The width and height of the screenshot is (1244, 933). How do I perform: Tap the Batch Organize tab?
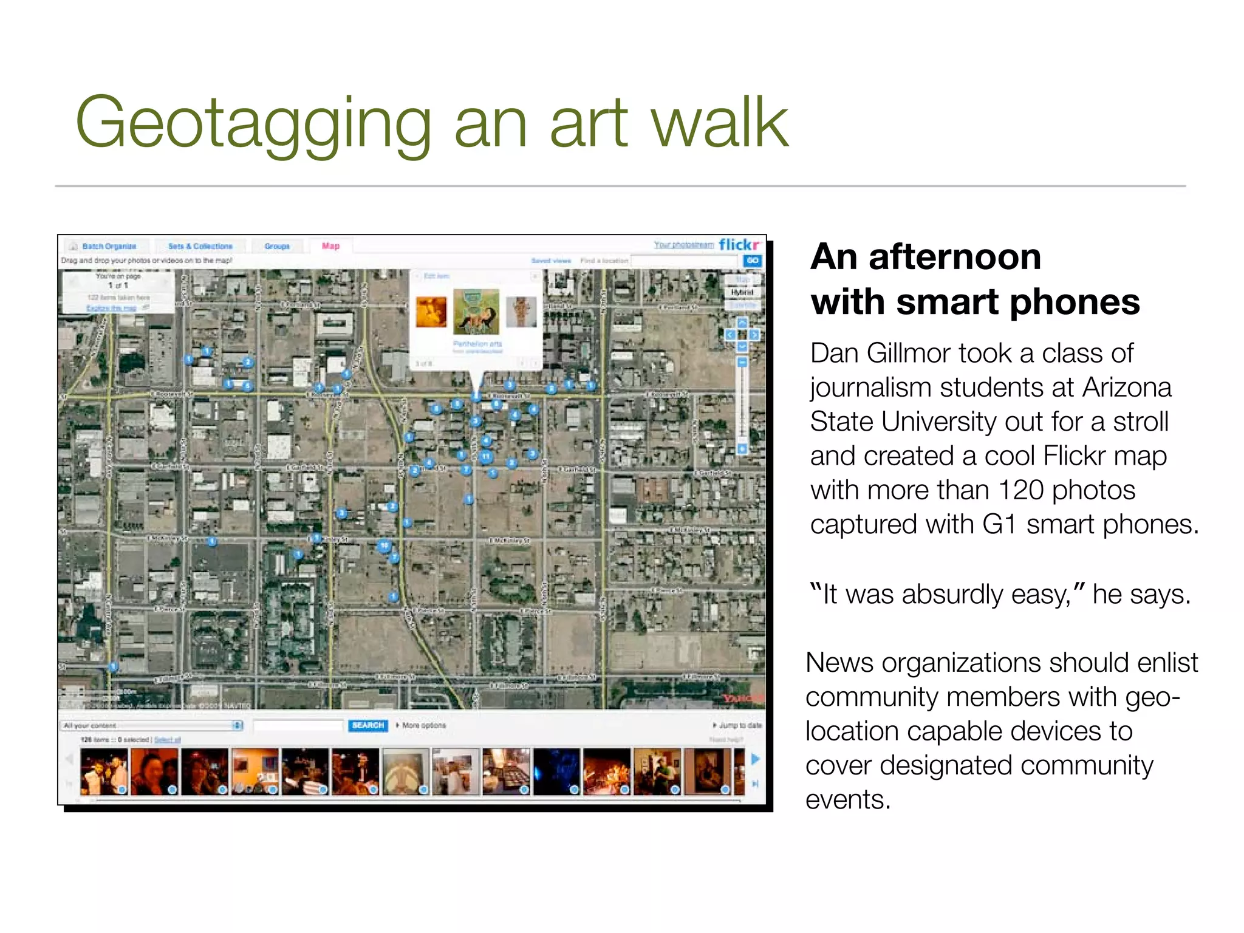tap(108, 246)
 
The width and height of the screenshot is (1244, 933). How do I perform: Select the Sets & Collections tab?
tap(200, 246)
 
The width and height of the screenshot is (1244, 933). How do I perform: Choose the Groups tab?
tap(277, 246)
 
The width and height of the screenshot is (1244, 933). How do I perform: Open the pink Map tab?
tap(330, 246)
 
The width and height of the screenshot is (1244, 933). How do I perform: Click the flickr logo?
tap(739, 244)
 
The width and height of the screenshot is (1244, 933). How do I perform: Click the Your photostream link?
tap(683, 244)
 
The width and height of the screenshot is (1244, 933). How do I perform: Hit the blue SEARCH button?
tap(367, 725)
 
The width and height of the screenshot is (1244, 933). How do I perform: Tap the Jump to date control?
tap(738, 725)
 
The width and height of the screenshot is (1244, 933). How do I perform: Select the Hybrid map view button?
tap(742, 292)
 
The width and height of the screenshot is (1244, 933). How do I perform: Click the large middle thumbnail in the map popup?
tap(476, 312)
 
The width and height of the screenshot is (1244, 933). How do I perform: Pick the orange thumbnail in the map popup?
tap(431, 312)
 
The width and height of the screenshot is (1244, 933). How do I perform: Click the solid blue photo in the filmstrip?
tap(556, 771)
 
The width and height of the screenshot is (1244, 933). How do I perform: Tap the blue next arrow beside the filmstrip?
tap(755, 759)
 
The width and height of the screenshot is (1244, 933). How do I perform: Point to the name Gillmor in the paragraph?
tap(909, 354)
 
